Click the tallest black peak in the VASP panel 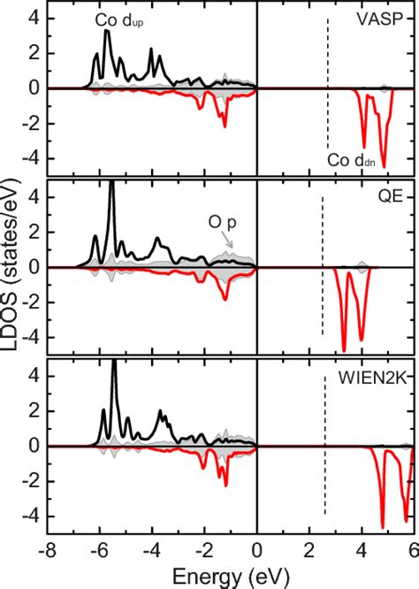(x=106, y=32)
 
